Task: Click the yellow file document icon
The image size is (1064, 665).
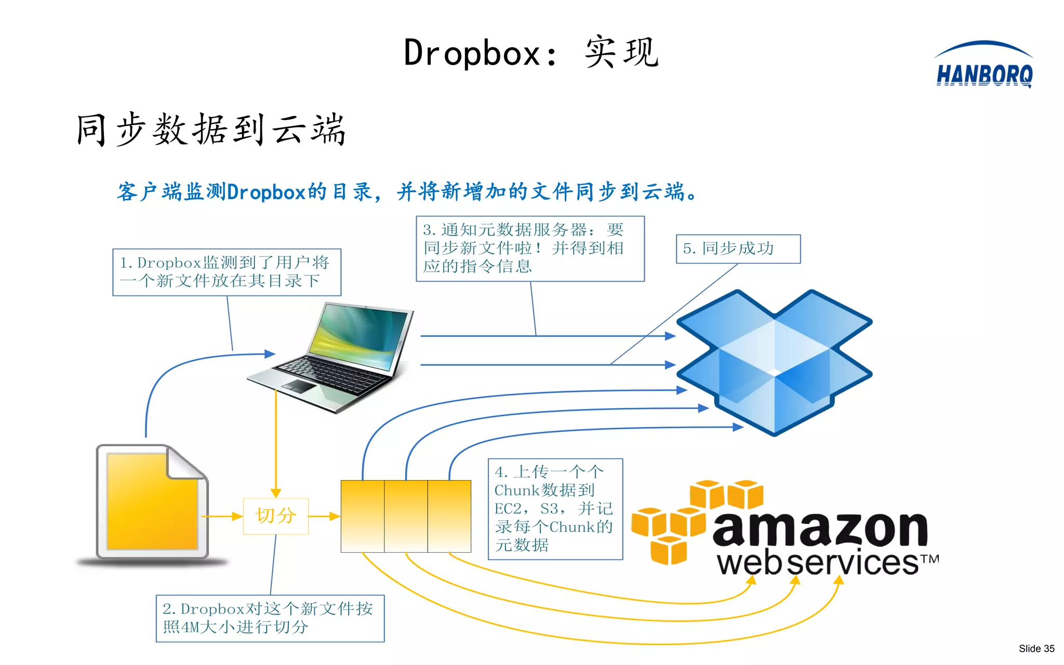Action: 152,502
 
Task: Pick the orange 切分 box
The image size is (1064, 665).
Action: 276,516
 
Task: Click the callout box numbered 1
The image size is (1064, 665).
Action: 227,272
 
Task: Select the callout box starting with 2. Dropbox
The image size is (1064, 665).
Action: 270,618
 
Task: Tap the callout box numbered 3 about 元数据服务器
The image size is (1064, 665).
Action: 530,248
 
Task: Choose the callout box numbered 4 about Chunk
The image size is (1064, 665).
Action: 555,509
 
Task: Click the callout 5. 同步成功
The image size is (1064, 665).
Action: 738,249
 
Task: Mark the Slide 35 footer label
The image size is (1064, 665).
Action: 1036,648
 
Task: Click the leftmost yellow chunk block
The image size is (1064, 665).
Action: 363,516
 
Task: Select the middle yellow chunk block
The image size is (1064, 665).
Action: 406,516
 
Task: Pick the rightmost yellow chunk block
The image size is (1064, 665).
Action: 449,516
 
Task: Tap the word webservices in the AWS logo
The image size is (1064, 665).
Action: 818,563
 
